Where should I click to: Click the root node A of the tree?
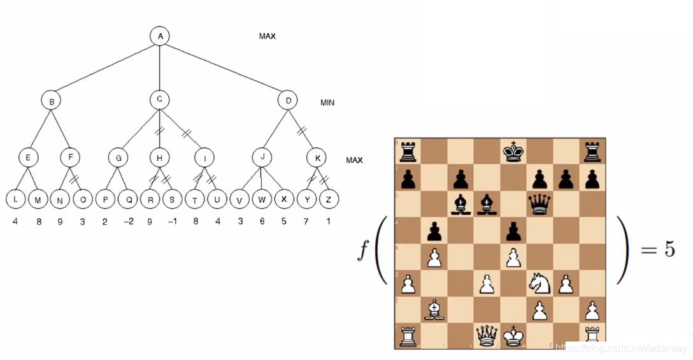click(x=160, y=36)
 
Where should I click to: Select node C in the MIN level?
click(x=160, y=99)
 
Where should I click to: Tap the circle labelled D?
click(x=288, y=100)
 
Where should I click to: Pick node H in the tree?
click(x=160, y=157)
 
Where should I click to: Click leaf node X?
click(x=283, y=199)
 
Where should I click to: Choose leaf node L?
click(x=16, y=199)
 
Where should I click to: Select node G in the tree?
click(x=118, y=157)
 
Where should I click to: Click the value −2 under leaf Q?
click(x=129, y=222)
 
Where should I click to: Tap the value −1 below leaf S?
click(x=171, y=222)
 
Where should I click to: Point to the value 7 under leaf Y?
click(x=305, y=222)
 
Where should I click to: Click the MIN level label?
click(x=327, y=103)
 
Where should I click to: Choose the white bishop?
click(x=434, y=310)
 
